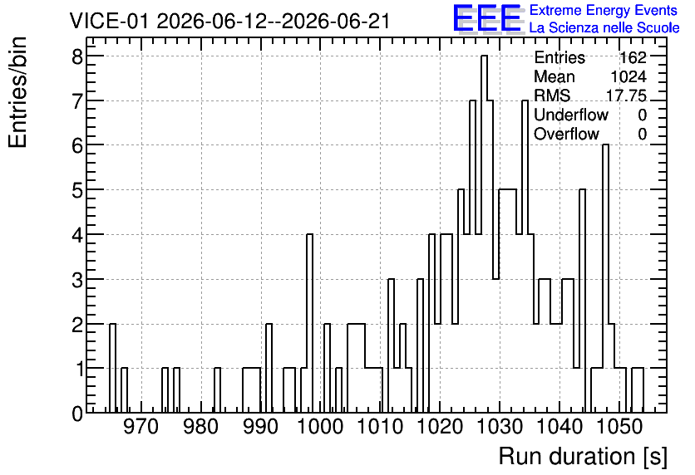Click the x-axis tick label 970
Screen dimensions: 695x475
point(141,427)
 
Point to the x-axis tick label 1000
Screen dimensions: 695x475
point(320,427)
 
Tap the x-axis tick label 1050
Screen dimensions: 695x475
point(619,427)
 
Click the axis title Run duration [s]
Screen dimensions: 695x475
point(583,457)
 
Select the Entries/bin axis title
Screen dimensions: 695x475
point(17,92)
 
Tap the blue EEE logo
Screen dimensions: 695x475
point(487,18)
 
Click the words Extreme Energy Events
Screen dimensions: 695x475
point(604,10)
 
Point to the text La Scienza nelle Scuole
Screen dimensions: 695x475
point(604,28)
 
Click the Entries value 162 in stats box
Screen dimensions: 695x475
point(633,57)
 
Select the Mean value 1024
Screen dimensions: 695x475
point(628,76)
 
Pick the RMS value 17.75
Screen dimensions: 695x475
point(626,95)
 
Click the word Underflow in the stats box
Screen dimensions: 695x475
point(571,115)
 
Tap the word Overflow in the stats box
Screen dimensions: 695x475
point(566,135)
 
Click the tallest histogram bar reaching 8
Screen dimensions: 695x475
point(484,234)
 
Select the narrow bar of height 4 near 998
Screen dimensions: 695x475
point(309,324)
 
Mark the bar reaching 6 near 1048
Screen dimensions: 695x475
point(605,279)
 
